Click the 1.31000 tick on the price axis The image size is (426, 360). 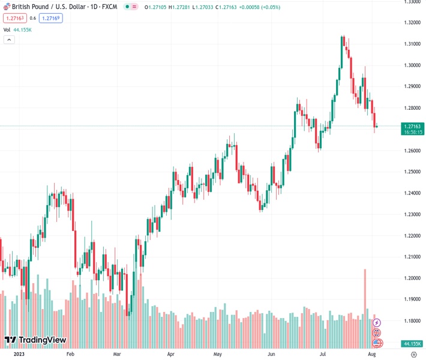coord(412,44)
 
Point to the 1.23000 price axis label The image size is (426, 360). coord(412,214)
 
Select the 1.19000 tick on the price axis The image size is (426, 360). coord(412,299)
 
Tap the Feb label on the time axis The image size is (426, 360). coord(70,355)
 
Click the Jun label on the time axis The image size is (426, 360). coord(272,355)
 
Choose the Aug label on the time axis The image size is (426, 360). coord(372,355)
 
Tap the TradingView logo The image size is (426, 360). coord(35,340)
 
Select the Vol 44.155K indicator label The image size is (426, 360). coord(17,29)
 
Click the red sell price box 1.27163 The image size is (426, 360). coord(13,18)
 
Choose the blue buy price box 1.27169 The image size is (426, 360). coord(50,18)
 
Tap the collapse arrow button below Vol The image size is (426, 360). coord(9,40)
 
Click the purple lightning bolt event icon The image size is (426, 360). coord(377,323)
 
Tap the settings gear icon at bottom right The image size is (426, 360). coord(413,355)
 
